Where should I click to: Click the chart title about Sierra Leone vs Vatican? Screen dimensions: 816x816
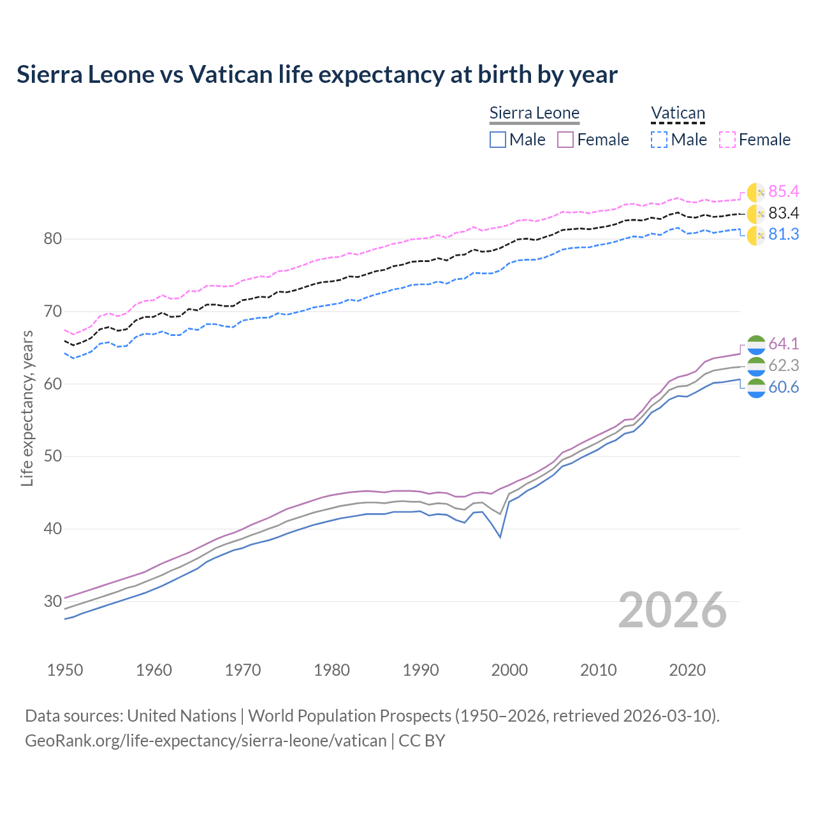[317, 75]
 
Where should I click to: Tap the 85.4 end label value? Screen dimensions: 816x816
[783, 191]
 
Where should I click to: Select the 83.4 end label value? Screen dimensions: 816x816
[783, 213]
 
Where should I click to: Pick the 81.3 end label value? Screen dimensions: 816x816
[783, 234]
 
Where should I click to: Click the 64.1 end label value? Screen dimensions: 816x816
[783, 344]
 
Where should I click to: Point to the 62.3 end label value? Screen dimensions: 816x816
[783, 365]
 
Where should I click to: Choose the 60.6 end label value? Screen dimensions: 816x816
[783, 387]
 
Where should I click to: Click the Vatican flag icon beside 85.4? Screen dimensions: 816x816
[756, 192]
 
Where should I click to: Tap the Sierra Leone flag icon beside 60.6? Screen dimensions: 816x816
[756, 388]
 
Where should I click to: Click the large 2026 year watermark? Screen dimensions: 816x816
[673, 610]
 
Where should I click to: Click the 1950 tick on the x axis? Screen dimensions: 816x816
[65, 670]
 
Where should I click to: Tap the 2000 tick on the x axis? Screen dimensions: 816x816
[509, 670]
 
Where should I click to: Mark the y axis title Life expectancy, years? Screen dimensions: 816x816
[27, 408]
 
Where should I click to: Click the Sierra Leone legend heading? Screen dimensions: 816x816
[534, 113]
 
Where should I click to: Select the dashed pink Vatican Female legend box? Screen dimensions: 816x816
[727, 140]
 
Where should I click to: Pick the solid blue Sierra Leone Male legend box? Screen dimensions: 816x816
[498, 140]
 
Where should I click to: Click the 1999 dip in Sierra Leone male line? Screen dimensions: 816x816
[500, 537]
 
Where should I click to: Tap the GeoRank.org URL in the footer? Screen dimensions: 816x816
[206, 740]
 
